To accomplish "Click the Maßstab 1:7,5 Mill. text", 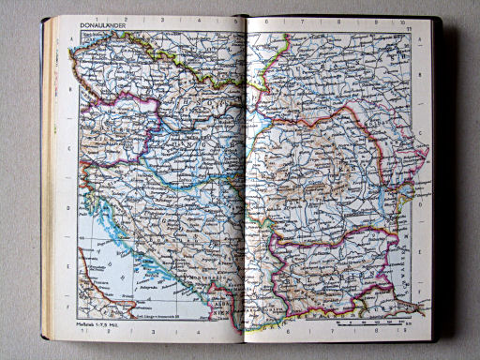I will (91, 324).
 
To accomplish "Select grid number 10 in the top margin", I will (401, 22).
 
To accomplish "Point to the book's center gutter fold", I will (245, 178).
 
